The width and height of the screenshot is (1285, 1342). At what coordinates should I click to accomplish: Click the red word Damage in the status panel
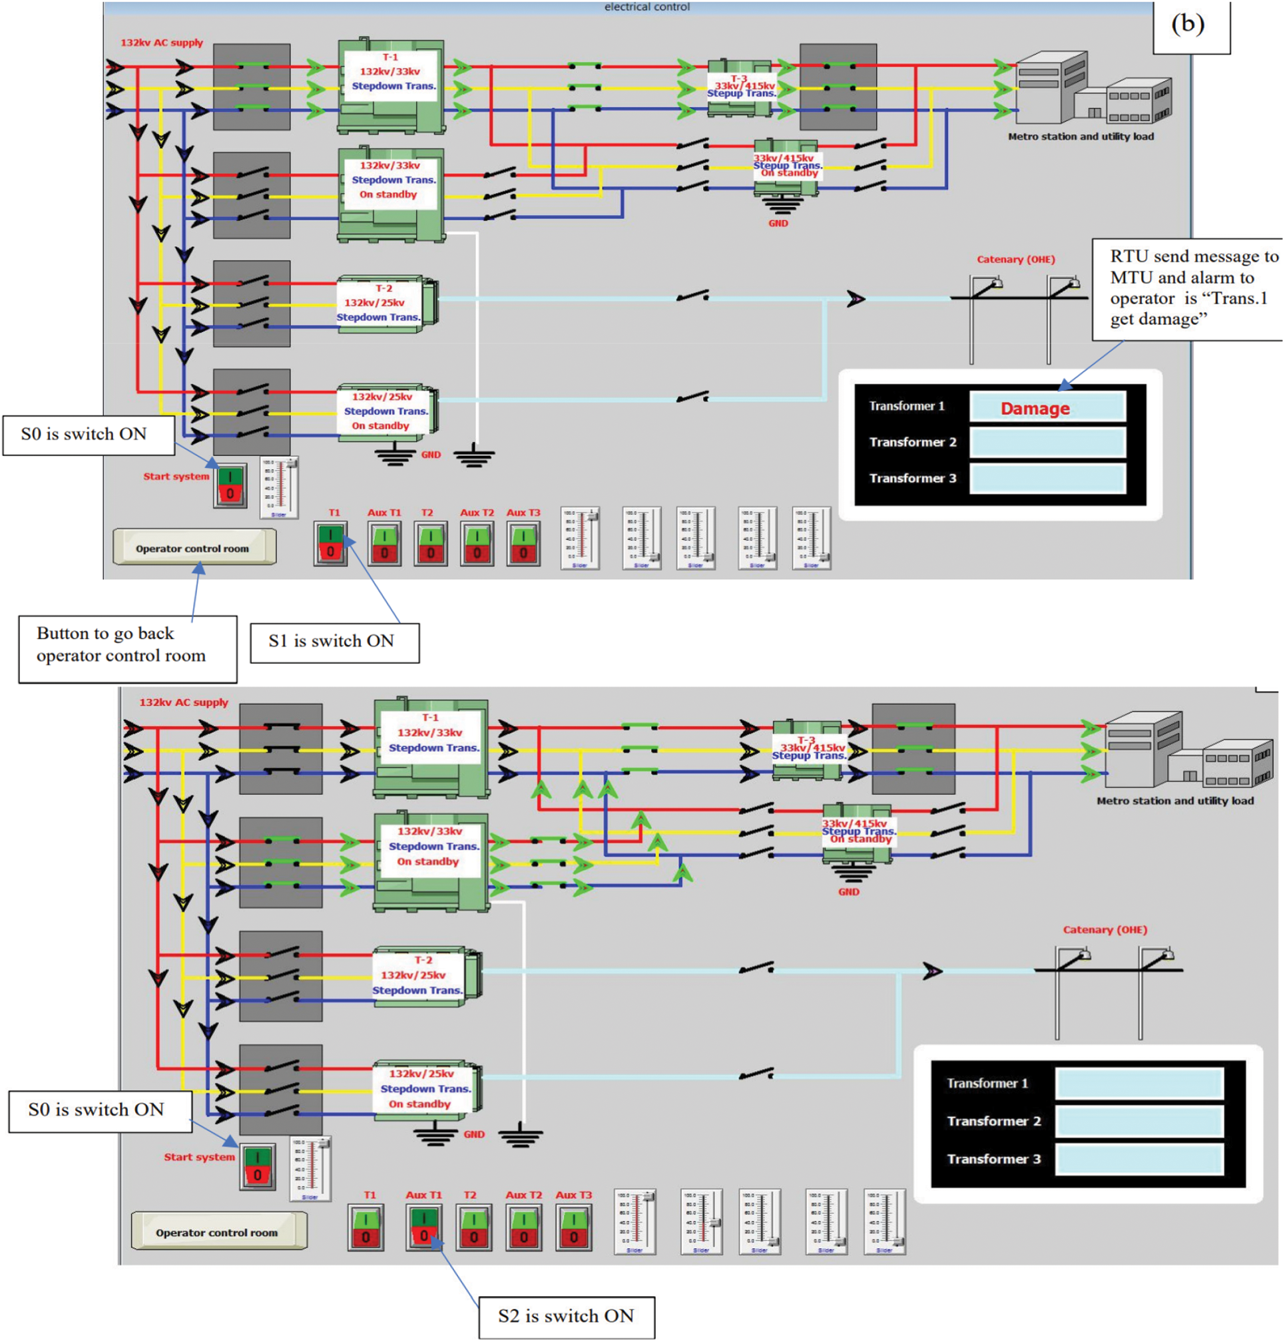coord(1034,409)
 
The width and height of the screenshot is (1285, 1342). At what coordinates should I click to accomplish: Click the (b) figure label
coord(1187,25)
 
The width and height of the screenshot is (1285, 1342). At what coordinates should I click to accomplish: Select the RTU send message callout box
coord(1186,288)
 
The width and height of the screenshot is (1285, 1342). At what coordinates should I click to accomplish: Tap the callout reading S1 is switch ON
coord(334,642)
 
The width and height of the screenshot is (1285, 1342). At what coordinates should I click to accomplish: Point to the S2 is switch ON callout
coord(566,1316)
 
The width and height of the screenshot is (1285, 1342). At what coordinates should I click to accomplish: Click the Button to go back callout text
coord(127,645)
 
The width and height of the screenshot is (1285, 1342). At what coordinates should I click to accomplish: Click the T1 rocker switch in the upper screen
coord(330,544)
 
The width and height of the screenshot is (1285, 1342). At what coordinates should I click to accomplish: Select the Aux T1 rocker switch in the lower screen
coord(424,1228)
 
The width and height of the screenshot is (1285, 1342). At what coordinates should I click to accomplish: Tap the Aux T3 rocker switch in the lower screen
coord(573,1228)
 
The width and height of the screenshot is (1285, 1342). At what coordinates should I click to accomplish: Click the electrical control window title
coord(646,7)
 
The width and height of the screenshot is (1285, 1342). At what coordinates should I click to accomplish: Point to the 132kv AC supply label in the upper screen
coord(162,43)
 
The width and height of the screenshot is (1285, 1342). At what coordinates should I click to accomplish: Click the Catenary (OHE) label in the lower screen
coord(1104,929)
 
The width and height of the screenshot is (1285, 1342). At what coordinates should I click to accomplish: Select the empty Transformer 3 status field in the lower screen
coord(1139,1158)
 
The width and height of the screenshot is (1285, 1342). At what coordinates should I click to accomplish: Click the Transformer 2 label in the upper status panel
coord(912,442)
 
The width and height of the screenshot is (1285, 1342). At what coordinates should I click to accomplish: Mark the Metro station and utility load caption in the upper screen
coord(1080,137)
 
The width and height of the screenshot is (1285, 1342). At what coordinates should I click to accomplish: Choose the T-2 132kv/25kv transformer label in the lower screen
coord(417,975)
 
